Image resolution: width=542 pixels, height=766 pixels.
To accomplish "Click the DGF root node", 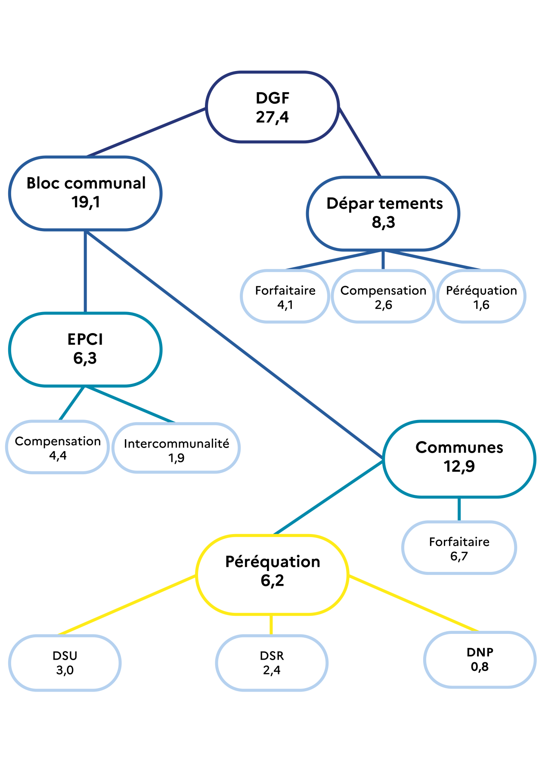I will [272, 107].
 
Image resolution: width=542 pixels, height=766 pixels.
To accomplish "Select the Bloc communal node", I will [85, 193].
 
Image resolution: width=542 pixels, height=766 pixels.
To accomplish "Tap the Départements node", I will [383, 213].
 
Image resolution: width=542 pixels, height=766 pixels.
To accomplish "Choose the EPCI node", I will [85, 349].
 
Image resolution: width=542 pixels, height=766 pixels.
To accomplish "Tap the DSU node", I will [65, 662].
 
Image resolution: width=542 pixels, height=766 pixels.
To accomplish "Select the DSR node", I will [272, 662].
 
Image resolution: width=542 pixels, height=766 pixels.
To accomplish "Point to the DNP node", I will [480, 659].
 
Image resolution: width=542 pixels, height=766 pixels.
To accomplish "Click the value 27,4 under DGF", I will [272, 117].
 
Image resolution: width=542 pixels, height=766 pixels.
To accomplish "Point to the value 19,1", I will [85, 202].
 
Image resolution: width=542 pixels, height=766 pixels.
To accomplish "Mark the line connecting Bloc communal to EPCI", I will [85, 271].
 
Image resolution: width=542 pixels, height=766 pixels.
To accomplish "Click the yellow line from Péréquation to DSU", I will [127, 605].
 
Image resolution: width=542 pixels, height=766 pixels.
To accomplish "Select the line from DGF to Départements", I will [360, 142].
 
